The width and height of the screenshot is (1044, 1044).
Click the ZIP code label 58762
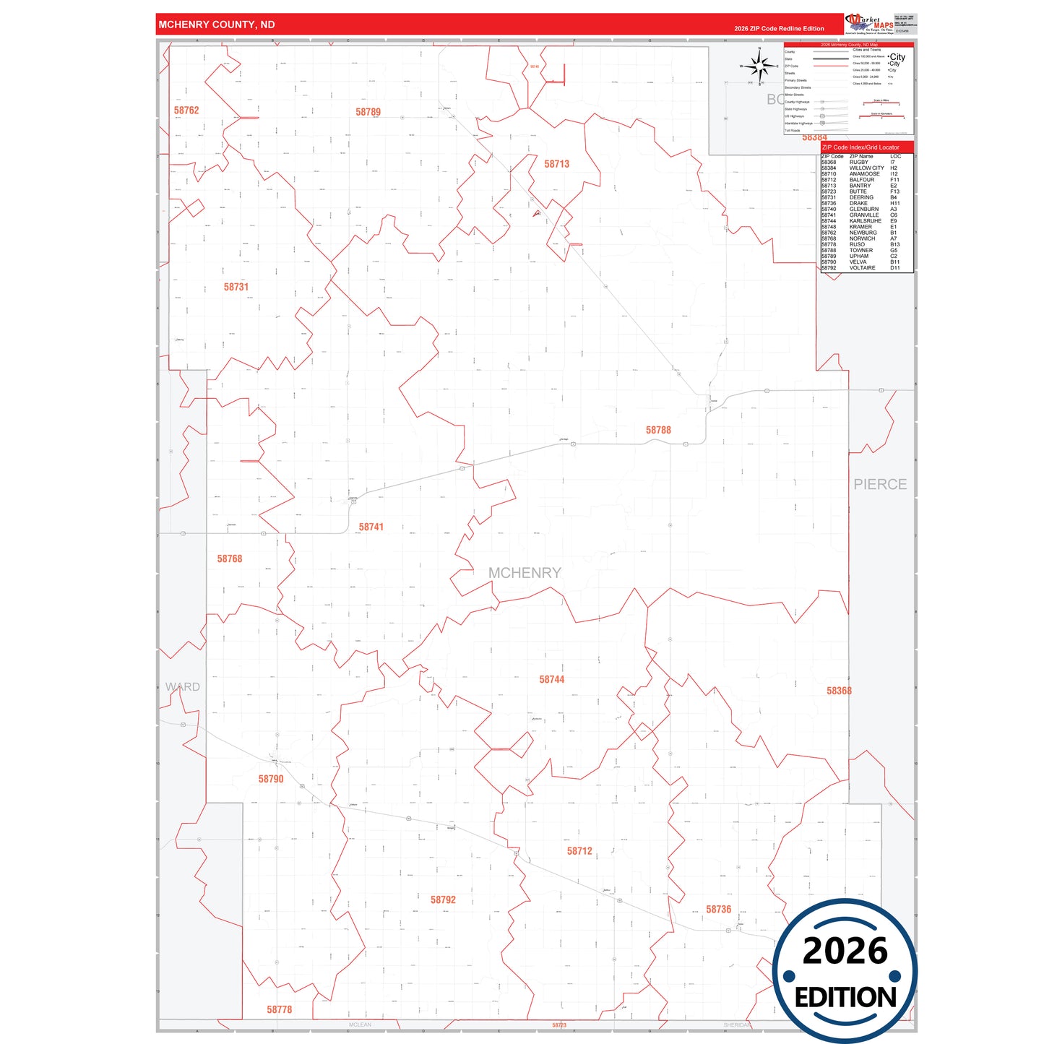tap(186, 111)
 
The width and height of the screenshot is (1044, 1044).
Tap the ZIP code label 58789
tap(368, 112)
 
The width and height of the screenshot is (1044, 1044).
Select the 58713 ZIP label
tap(556, 164)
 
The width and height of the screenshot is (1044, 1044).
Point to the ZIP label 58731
tap(236, 287)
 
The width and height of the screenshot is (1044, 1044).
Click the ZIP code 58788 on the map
tap(658, 430)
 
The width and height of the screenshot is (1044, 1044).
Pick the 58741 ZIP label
tap(371, 527)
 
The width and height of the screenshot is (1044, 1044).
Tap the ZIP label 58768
tap(230, 558)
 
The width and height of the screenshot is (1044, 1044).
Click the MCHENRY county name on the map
tap(525, 573)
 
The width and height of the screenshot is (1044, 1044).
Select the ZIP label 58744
tap(551, 679)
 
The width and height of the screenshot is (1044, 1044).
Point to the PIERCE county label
tap(880, 484)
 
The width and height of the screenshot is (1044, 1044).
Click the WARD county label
tap(183, 686)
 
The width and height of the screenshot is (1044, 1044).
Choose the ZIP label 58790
tap(271, 779)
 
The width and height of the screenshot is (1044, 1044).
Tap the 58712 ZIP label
tap(579, 851)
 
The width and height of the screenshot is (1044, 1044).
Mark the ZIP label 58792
tap(443, 900)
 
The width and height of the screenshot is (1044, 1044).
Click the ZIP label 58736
tap(718, 910)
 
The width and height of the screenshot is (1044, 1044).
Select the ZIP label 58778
tap(279, 1009)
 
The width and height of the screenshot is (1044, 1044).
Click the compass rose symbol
tap(759, 66)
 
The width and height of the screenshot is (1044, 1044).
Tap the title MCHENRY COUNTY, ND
tap(217, 25)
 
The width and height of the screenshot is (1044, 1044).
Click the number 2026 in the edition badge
tap(845, 951)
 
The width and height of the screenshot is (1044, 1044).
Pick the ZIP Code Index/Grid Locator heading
tap(860, 147)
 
